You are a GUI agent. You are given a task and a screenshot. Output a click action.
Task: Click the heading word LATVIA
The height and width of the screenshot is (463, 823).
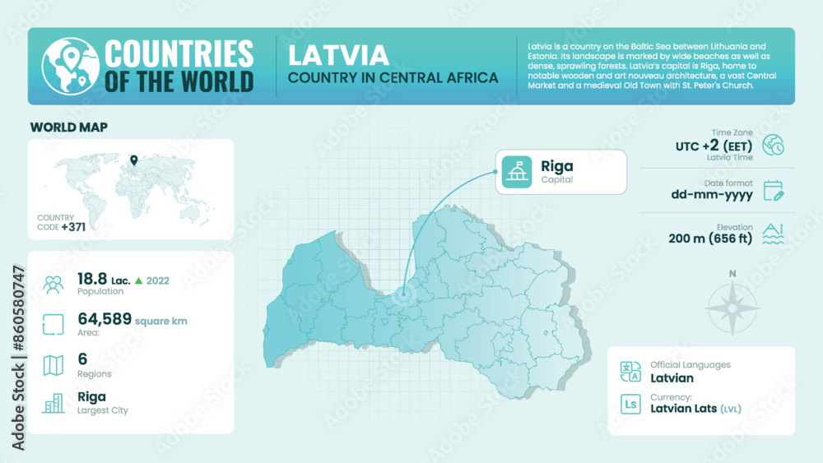pyautogui.click(x=338, y=55)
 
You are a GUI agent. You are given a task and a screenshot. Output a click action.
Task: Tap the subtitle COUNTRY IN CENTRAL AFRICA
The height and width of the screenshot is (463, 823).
pyautogui.click(x=393, y=77)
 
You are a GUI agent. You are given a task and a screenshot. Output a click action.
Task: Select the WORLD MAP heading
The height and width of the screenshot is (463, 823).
pyautogui.click(x=69, y=127)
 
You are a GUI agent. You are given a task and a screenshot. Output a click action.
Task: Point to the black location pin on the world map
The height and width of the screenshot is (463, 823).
pyautogui.click(x=133, y=160)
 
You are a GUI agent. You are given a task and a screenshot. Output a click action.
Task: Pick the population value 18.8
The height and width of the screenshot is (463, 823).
pyautogui.click(x=93, y=279)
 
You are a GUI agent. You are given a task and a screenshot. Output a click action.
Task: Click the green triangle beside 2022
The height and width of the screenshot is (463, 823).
pyautogui.click(x=139, y=280)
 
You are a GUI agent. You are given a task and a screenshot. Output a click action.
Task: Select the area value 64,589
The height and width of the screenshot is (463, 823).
pyautogui.click(x=105, y=319)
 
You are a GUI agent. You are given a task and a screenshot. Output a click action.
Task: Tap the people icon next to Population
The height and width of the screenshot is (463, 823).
pyautogui.click(x=53, y=285)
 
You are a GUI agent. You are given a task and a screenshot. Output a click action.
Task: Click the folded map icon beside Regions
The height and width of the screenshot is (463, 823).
pyautogui.click(x=53, y=364)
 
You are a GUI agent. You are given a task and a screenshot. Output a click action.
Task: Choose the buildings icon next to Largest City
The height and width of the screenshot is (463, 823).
pyautogui.click(x=53, y=403)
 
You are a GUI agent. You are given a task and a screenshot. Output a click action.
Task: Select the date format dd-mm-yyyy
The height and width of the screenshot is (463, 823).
pyautogui.click(x=712, y=196)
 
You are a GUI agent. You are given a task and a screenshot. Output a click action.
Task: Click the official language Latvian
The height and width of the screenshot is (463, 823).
pyautogui.click(x=672, y=378)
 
